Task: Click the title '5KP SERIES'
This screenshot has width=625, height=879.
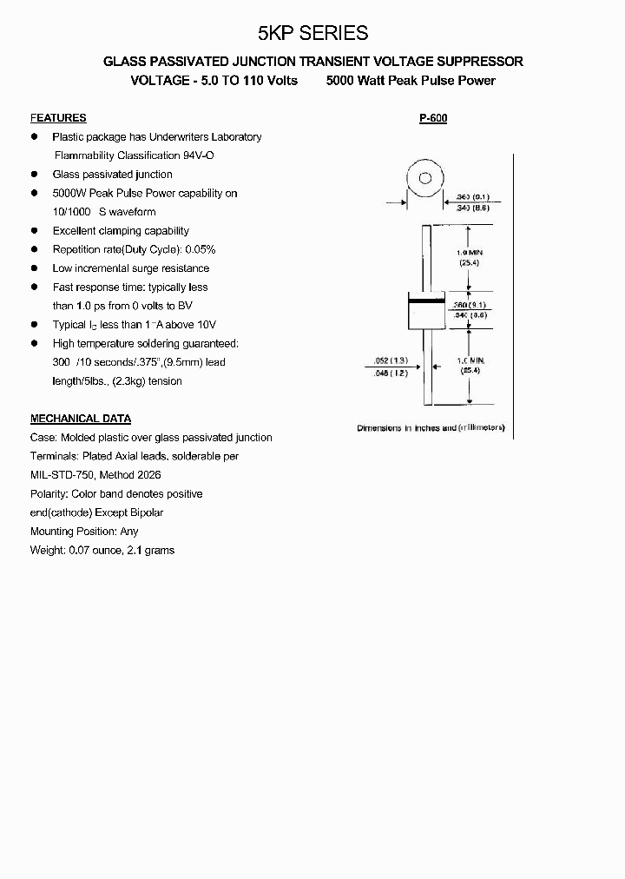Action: pos(312,33)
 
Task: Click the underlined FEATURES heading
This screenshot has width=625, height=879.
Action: pos(58,117)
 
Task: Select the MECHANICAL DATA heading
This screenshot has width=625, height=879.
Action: pos(81,418)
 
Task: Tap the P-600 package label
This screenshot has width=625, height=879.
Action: pos(432,117)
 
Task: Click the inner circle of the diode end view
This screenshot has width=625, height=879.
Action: pos(425,179)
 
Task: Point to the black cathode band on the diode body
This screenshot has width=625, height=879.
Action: pos(425,301)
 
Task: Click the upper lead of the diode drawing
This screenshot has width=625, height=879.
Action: pos(425,257)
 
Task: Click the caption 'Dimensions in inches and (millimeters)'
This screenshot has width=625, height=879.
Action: pos(431,428)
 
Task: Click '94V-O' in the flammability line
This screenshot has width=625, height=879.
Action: pos(198,155)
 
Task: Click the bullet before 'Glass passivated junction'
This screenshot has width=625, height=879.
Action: pos(35,174)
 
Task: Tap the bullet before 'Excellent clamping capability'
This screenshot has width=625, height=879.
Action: pos(35,230)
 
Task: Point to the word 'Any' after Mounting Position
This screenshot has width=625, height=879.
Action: pos(129,531)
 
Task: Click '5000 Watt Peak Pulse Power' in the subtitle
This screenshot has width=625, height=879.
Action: pos(411,80)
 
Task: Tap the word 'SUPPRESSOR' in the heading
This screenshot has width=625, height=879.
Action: pos(481,62)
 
